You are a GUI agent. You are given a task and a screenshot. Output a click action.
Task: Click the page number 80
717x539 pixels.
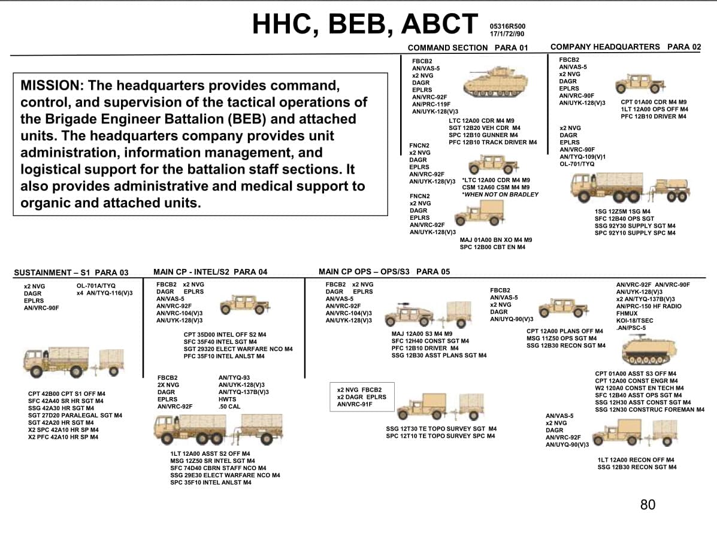coord(648,505)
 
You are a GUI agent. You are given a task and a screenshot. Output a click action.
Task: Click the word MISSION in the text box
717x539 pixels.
coord(50,86)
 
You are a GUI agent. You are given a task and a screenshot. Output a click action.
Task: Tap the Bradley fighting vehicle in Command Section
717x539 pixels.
coord(495,82)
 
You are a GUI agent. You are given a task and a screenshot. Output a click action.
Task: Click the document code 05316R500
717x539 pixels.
coord(507,26)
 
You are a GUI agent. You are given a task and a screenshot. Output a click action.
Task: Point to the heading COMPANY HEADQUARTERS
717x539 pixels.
coord(605,47)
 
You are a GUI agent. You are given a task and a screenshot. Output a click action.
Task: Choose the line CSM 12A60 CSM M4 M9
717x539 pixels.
coord(496,187)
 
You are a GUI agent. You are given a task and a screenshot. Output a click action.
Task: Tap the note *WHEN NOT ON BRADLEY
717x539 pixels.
coord(500,194)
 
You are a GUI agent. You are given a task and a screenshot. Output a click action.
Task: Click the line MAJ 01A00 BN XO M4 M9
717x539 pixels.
coord(496,240)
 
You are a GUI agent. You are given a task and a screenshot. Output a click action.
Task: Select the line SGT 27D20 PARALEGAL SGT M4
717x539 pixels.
coord(75,415)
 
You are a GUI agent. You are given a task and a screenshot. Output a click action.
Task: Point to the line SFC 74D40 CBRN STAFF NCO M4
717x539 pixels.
coord(218,468)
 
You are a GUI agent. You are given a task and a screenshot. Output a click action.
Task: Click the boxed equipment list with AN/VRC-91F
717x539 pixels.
coord(362,397)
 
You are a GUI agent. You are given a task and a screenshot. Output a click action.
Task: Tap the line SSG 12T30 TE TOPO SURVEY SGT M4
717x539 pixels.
coord(441,428)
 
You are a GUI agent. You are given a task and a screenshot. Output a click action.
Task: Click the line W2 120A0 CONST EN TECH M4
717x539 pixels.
coord(639,387)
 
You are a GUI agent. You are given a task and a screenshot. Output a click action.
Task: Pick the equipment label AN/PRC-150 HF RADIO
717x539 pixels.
coord(648,306)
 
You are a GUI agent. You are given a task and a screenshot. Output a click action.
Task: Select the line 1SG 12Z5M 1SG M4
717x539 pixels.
coord(622,211)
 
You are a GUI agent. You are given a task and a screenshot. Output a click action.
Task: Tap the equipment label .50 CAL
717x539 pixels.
coord(229,407)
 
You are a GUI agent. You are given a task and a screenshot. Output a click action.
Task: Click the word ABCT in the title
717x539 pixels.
coord(440,24)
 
